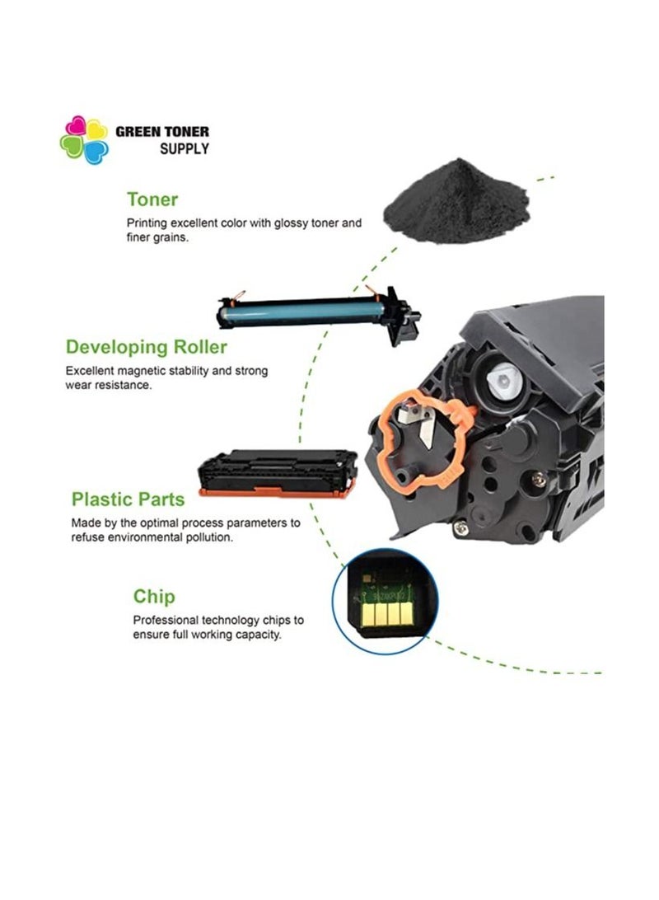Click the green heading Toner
coord(152,199)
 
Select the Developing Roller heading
coord(147,347)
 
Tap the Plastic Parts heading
coord(128,499)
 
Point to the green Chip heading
coord(154,597)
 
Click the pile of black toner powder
coord(456,202)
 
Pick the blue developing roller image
coord(318,313)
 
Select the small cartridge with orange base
coord(278,474)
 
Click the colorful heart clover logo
coord(84,140)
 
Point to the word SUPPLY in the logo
coord(184,149)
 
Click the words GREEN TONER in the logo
coord(162,131)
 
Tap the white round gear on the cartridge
coord(503,382)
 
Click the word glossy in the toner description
coord(291,223)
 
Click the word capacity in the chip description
coord(259,635)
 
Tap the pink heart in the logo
coord(75,126)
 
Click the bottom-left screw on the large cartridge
coord(460,527)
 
